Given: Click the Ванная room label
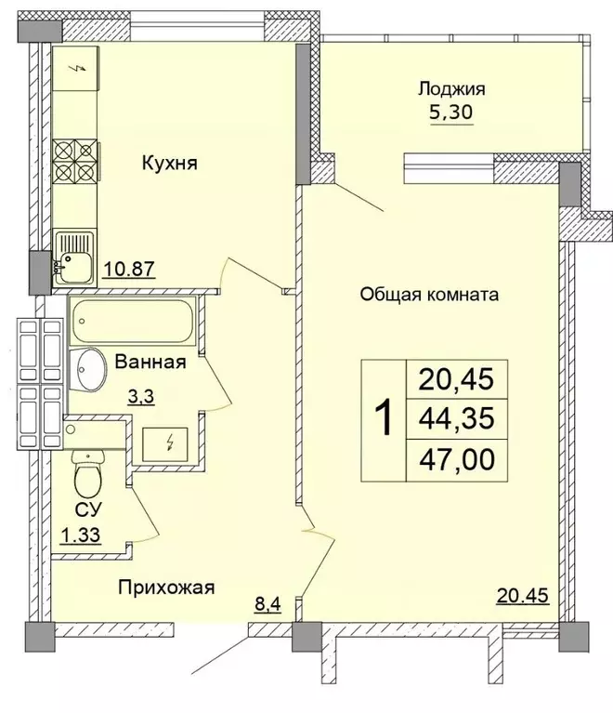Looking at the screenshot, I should [x=151, y=363].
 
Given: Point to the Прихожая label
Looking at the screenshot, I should [x=166, y=587].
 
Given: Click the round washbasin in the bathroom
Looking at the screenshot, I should [x=90, y=371].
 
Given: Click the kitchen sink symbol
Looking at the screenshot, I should [x=73, y=257].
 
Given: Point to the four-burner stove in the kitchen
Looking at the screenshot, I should [x=75, y=163].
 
